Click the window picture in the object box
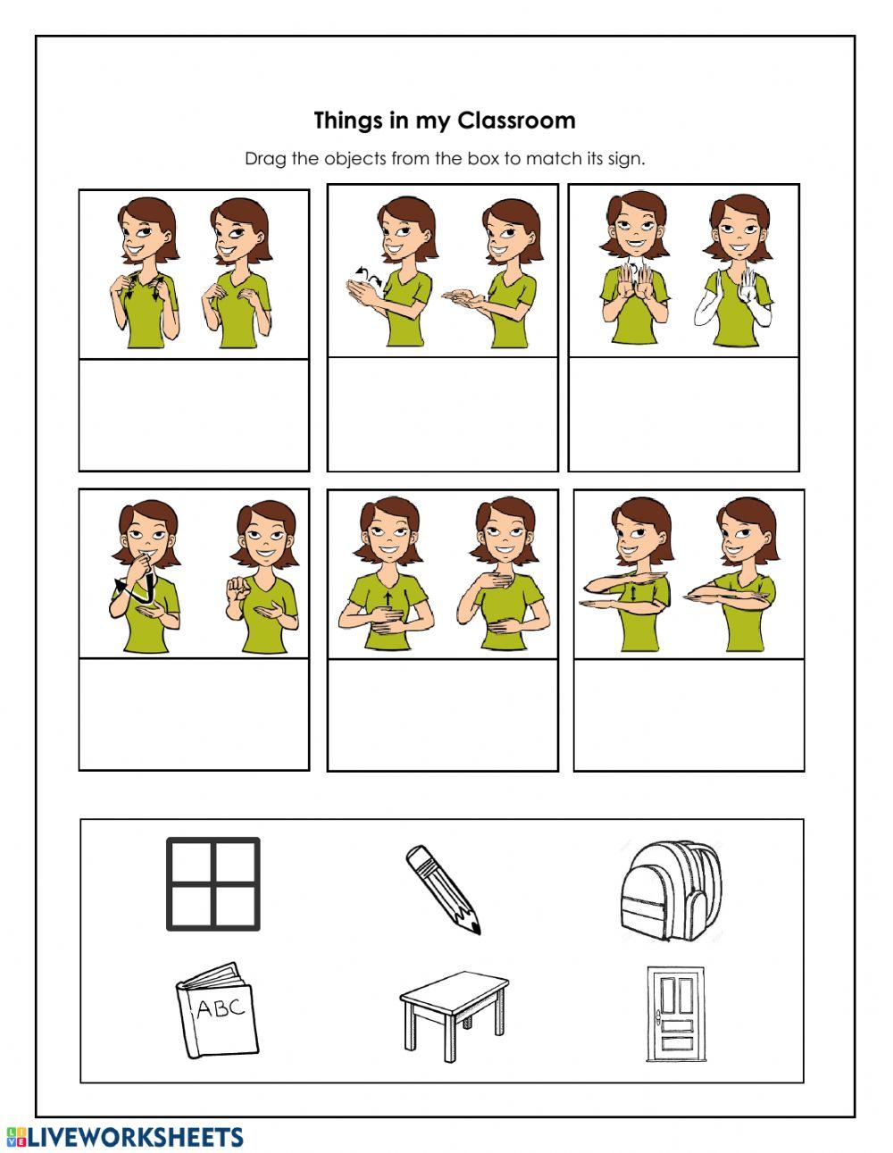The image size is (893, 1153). tap(213, 884)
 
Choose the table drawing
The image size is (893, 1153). tap(454, 1015)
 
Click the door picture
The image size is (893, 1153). tap(676, 1014)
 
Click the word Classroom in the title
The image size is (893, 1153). tap(516, 121)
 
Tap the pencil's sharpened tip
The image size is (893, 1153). tap(476, 929)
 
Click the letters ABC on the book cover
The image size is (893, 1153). tap(221, 1008)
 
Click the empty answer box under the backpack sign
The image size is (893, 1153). tap(194, 415)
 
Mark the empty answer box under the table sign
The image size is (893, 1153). tap(689, 714)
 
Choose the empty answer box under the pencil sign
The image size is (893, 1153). tap(194, 714)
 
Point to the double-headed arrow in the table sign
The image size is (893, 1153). tap(634, 592)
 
